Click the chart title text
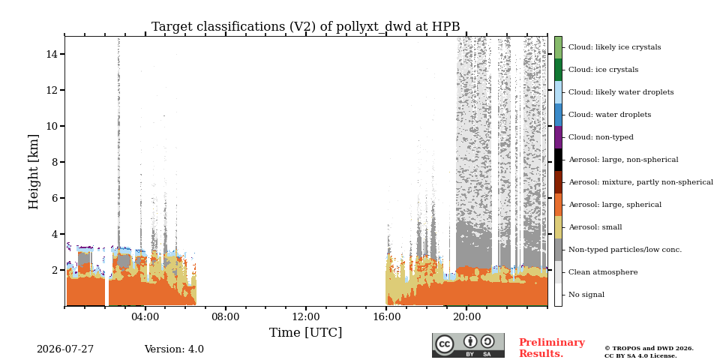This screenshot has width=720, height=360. (305, 27)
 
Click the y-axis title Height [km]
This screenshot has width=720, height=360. (34, 172)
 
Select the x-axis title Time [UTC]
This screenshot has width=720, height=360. (305, 332)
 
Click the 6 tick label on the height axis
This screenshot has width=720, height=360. (54, 198)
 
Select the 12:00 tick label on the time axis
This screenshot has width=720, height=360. (306, 316)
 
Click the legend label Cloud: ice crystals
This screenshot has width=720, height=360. (603, 70)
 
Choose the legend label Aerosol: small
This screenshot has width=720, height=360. (595, 227)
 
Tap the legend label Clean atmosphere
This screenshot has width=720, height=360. (603, 272)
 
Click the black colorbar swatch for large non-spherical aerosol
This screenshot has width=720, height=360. (558, 160)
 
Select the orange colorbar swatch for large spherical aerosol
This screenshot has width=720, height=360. (558, 205)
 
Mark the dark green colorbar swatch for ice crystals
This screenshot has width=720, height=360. (558, 70)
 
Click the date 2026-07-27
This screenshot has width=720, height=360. (65, 349)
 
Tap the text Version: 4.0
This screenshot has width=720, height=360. (174, 349)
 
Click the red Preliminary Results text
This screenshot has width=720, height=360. (552, 348)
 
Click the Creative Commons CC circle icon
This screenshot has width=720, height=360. (444, 344)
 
